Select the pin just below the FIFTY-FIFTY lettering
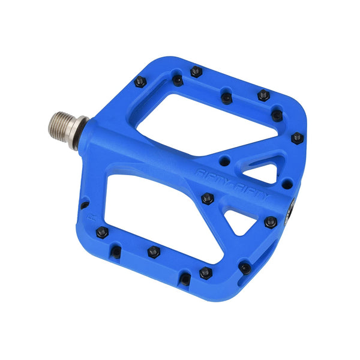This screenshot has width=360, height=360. coord(208,199)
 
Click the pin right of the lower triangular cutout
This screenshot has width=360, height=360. coord(271,222)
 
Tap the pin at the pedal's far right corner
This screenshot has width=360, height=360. coord(297,138)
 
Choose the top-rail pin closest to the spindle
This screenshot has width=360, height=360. coord(140,82)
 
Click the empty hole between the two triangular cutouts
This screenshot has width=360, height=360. coord(287,183)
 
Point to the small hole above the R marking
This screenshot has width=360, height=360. coord(84,204)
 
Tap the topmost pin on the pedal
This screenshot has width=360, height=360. coord(196,71)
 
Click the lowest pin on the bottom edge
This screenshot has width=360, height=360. coord(206,273)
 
